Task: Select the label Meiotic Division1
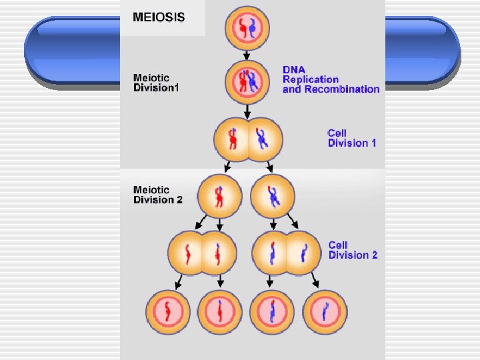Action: pyautogui.click(x=156, y=83)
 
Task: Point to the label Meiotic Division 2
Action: pyautogui.click(x=157, y=195)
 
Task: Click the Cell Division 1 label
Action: pyautogui.click(x=352, y=138)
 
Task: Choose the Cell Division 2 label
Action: pyautogui.click(x=353, y=250)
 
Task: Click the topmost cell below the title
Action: pyautogui.click(x=249, y=28)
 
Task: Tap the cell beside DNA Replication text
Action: pyautogui.click(x=249, y=83)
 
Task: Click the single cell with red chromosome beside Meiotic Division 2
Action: pyautogui.click(x=221, y=197)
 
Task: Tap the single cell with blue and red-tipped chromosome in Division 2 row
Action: pyautogui.click(x=273, y=197)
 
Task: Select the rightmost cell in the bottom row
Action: pyautogui.click(x=325, y=312)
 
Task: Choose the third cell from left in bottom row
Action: pyautogui.click(x=272, y=312)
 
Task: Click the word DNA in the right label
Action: pyautogui.click(x=293, y=69)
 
